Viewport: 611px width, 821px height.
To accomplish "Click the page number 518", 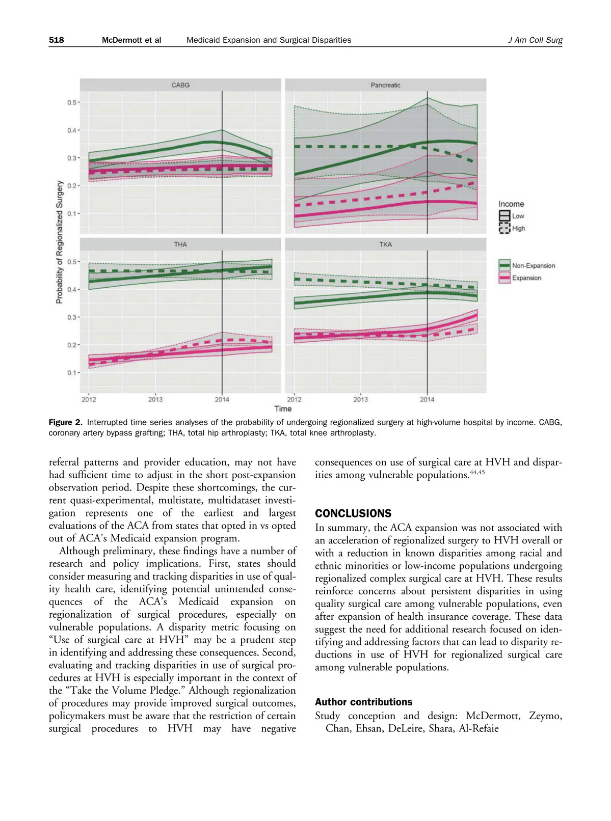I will pyautogui.click(x=57, y=40).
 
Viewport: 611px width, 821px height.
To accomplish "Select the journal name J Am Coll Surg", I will pyautogui.click(x=535, y=40).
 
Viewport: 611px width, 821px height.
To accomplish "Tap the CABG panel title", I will pyautogui.click(x=180, y=85).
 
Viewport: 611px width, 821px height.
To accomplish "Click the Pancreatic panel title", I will pyautogui.click(x=385, y=85).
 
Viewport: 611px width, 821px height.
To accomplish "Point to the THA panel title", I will pyautogui.click(x=180, y=244).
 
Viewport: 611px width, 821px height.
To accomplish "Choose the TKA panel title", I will pyautogui.click(x=385, y=244).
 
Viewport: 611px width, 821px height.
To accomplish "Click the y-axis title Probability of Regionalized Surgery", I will pyautogui.click(x=60, y=242).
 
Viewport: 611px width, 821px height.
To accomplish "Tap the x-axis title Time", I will pyautogui.click(x=283, y=408).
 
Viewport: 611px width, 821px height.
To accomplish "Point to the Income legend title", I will pyautogui.click(x=511, y=204).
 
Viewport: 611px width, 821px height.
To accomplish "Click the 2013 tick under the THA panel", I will pyautogui.click(x=155, y=399).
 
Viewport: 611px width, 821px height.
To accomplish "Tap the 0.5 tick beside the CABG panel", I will pyautogui.click(x=72, y=102).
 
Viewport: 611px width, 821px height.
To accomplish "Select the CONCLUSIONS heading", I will pyautogui.click(x=353, y=513).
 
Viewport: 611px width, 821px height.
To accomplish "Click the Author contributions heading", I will pyautogui.click(x=363, y=702).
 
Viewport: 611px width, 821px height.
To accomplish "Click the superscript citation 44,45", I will pyautogui.click(x=477, y=473).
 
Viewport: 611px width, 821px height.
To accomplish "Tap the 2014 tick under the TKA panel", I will pyautogui.click(x=427, y=399).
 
